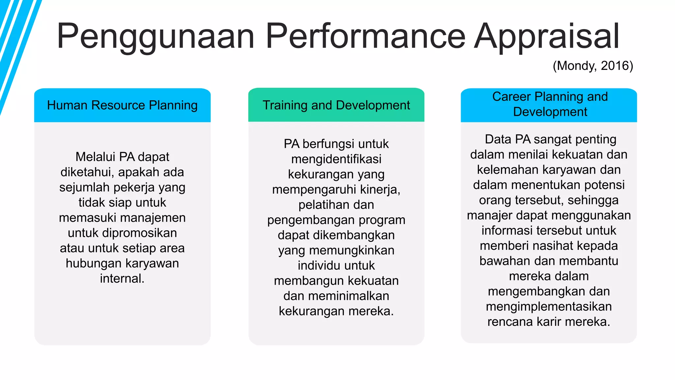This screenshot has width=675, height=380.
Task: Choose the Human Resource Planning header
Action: (x=122, y=105)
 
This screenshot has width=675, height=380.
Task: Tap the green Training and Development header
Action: (x=336, y=105)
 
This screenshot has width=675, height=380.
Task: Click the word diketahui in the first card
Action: (x=87, y=172)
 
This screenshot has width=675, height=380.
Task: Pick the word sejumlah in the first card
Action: (x=84, y=187)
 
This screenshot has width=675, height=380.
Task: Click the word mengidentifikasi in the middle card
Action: (x=336, y=159)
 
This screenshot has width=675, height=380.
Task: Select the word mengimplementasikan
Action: (x=549, y=306)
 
